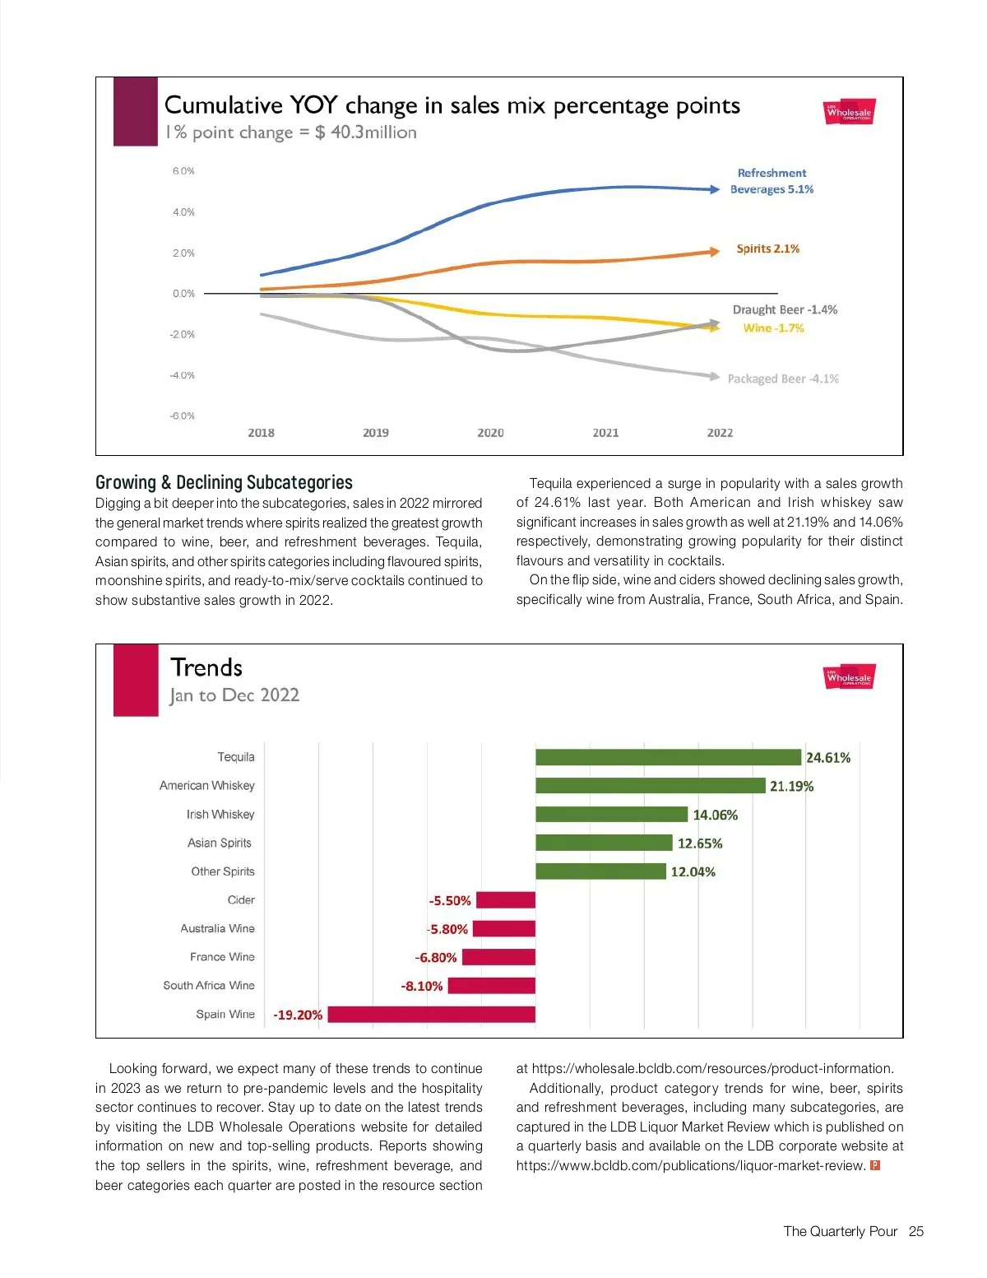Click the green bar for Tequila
coord(668,757)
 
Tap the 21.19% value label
coord(791,787)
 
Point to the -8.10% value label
coord(422,986)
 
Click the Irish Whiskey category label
coord(220,815)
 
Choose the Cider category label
coord(241,900)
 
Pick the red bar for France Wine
coord(498,957)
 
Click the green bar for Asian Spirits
coord(604,843)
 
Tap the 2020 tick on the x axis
coord(490,433)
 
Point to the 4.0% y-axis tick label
coord(183,212)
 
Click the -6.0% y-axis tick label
coord(183,416)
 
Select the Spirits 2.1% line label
coord(767,249)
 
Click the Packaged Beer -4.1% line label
coord(783,379)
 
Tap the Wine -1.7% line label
coord(773,328)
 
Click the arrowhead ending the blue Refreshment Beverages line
coord(715,189)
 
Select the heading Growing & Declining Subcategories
coord(224,482)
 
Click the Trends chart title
coord(206,667)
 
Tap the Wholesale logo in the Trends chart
coord(849,677)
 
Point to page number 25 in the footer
coord(916,1232)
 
